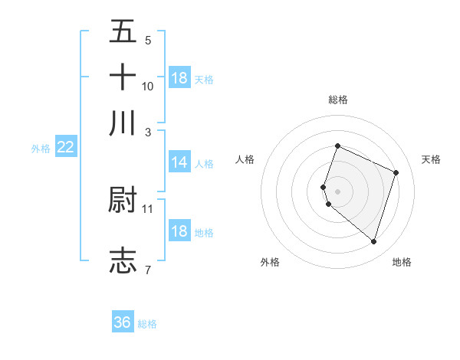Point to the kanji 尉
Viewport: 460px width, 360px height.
[123, 201]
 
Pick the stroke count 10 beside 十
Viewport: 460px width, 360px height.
[148, 86]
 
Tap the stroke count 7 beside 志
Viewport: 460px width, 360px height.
[147, 269]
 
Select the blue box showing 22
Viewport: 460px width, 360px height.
[65, 148]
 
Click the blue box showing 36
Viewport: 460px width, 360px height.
[123, 322]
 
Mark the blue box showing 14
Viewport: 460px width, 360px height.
[179, 162]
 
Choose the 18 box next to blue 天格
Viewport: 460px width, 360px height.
[179, 78]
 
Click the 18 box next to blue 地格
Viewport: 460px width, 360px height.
[179, 231]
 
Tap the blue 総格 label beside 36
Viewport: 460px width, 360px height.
[147, 324]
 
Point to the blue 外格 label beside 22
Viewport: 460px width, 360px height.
[41, 149]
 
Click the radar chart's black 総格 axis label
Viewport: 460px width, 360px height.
[337, 100]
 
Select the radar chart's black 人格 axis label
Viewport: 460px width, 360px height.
[245, 159]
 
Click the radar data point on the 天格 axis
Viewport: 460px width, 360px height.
[396, 172]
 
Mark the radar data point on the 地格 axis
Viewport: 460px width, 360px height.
[373, 241]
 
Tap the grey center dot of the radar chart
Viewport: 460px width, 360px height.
[337, 191]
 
